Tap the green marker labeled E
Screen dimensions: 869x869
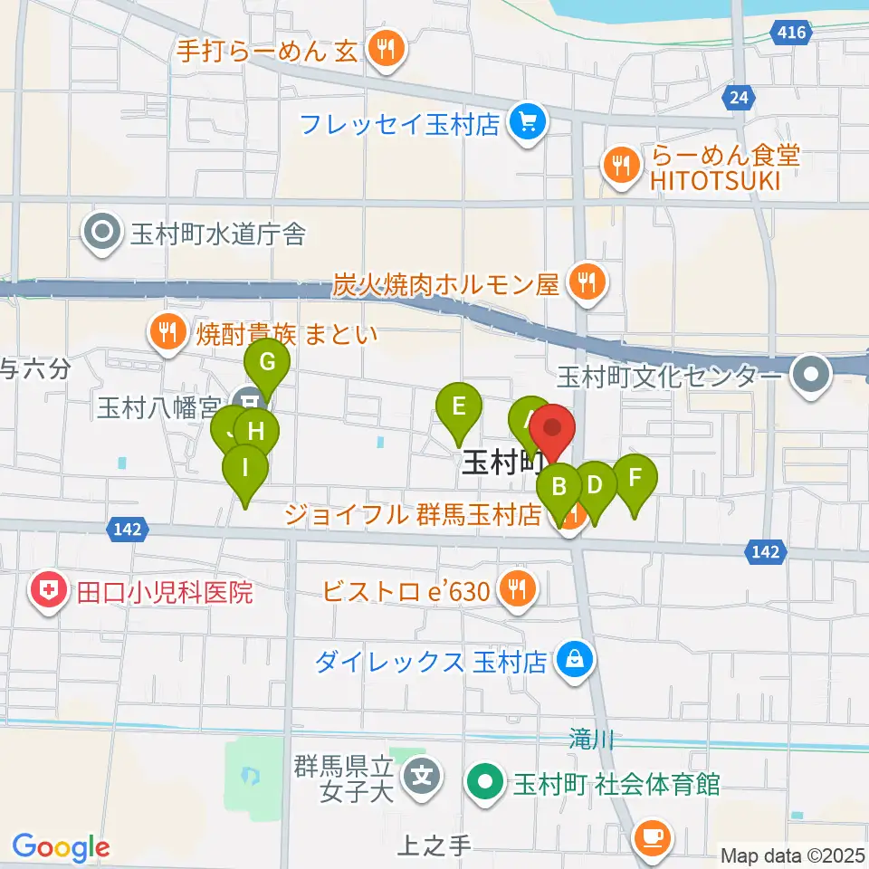(459, 406)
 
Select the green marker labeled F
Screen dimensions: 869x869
(635, 478)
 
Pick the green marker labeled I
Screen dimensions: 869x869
(245, 469)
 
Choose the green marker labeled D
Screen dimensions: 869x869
(595, 485)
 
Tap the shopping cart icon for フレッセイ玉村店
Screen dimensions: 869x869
(525, 124)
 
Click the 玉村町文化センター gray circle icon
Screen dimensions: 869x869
(811, 375)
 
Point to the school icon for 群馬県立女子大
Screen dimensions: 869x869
(422, 776)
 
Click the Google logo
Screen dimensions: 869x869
(62, 847)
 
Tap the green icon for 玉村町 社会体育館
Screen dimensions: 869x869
(486, 783)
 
